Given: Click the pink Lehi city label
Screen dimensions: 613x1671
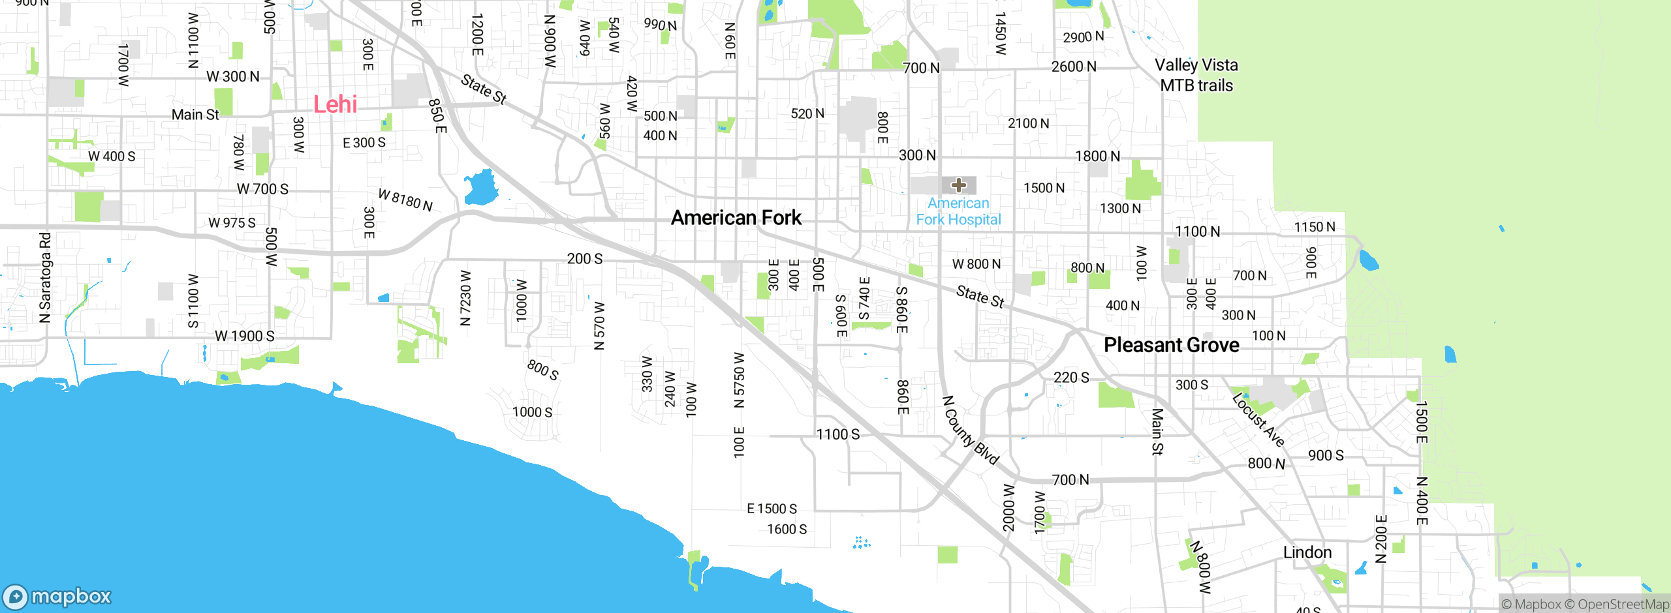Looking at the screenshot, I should [x=335, y=104].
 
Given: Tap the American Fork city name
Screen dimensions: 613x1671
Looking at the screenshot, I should [x=736, y=218].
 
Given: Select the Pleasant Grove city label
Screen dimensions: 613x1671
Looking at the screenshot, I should [x=1171, y=345].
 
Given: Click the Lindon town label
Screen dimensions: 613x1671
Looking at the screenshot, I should [x=1307, y=552].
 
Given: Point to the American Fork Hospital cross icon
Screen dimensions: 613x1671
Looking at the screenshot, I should [x=958, y=185].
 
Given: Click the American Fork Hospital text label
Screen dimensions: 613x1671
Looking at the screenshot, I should [x=958, y=211].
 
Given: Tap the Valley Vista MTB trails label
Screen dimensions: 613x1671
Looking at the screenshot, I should [x=1196, y=75].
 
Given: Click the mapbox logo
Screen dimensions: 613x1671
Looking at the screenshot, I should [x=57, y=596].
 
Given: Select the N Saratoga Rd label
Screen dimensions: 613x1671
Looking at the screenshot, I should [x=44, y=277].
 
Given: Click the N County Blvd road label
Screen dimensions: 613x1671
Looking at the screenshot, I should [x=971, y=430].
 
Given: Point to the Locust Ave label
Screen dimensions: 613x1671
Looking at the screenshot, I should [x=1258, y=420].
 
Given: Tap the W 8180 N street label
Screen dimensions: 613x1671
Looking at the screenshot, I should [x=405, y=200].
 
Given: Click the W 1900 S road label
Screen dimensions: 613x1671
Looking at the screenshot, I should [x=245, y=336].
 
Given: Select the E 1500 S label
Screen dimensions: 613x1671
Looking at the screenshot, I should [x=772, y=509].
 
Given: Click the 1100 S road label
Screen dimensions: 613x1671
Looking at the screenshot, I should [x=838, y=434].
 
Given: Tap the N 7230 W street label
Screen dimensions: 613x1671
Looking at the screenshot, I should [x=465, y=298].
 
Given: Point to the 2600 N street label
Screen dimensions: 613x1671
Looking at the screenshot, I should [x=1073, y=67].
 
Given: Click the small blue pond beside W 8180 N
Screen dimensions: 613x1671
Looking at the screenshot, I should [x=481, y=188].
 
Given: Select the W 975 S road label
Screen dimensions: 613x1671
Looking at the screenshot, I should [x=232, y=223].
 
